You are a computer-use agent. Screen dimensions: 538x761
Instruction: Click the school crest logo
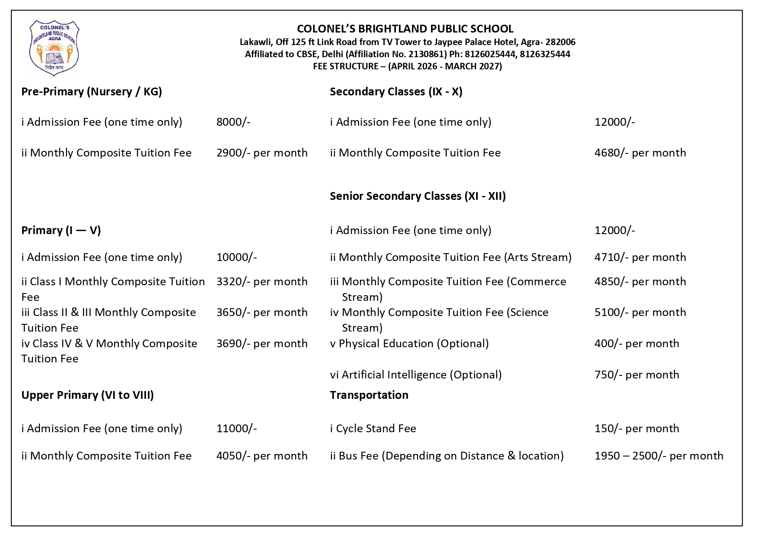coord(54,48)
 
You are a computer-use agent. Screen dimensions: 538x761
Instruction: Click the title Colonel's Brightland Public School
coord(405,29)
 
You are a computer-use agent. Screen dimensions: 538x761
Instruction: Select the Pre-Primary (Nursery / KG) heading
coord(91,92)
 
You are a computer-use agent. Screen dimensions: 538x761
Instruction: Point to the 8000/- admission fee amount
coord(233,122)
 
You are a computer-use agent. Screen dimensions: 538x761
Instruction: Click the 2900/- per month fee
coord(262,153)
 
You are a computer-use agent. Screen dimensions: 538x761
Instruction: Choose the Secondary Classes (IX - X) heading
coord(396,92)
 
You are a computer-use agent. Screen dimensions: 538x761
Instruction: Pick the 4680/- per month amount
coord(640,153)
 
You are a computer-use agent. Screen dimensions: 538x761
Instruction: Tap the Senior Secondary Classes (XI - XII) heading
coord(418,196)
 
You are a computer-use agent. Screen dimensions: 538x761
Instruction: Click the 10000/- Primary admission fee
coord(237,258)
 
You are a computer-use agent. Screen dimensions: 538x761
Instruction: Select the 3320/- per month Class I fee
coord(262,282)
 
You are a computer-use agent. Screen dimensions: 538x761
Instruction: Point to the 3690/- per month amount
coord(262,344)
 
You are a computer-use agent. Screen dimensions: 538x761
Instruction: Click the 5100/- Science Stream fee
coord(640,313)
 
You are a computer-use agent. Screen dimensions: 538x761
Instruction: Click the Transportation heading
coord(369,395)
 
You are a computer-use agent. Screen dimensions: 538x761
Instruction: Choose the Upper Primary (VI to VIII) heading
coord(88,395)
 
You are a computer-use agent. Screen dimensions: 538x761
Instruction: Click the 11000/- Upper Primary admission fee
coord(237,429)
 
